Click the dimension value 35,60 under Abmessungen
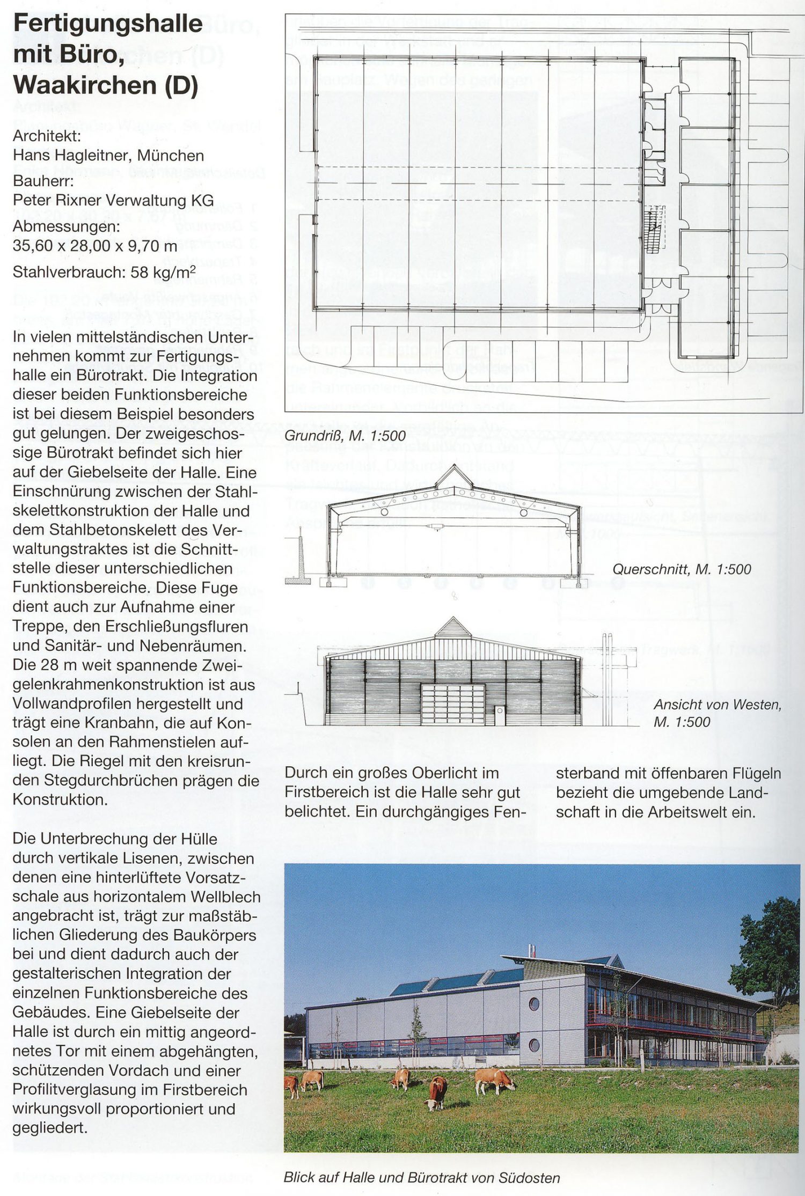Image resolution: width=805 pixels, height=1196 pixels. pos(32,246)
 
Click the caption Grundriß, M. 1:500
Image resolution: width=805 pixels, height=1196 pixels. pos(345,436)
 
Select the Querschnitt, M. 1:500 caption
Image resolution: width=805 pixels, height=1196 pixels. pos(682,569)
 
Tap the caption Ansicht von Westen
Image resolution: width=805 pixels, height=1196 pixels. pos(717,705)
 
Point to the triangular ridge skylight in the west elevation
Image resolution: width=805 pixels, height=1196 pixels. pos(453,628)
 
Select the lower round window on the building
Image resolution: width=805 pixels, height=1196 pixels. pos(534,1044)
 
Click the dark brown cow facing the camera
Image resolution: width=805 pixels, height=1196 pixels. pos(436,1092)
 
